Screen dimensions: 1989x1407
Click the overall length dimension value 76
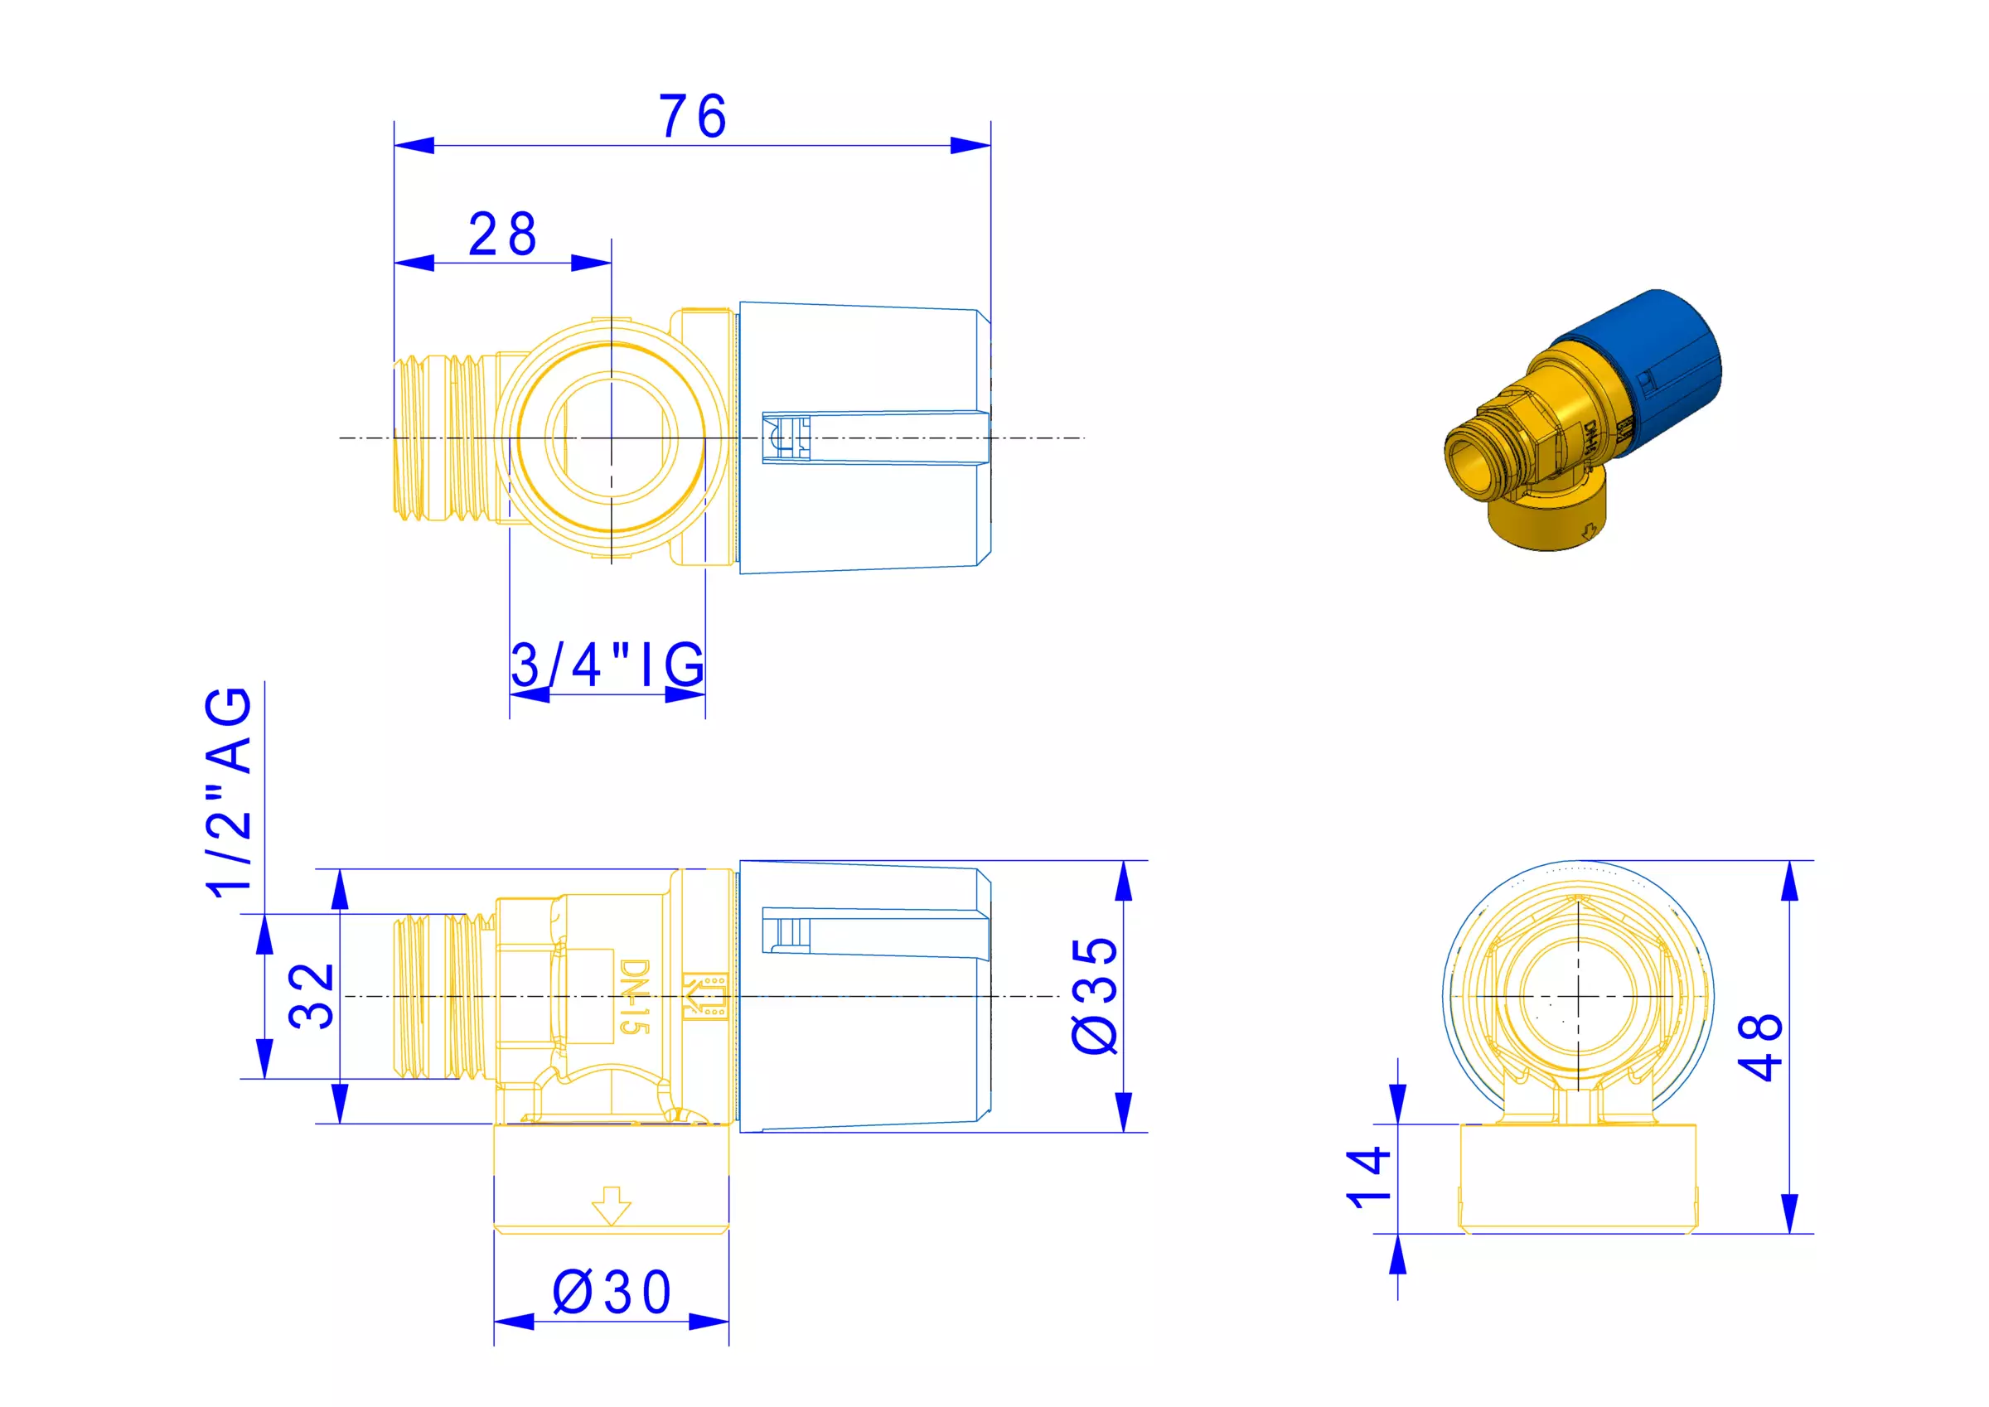(692, 117)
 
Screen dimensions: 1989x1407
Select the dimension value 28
(502, 234)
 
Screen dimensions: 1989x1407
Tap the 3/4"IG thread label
(607, 665)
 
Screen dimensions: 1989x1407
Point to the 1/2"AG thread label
(229, 792)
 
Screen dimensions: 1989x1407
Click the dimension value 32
(310, 996)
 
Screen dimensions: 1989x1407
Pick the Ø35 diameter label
(1095, 996)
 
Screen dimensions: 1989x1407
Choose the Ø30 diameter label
(612, 1293)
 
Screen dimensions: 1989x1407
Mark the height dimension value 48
(1760, 1047)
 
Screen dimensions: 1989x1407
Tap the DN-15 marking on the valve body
(635, 996)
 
